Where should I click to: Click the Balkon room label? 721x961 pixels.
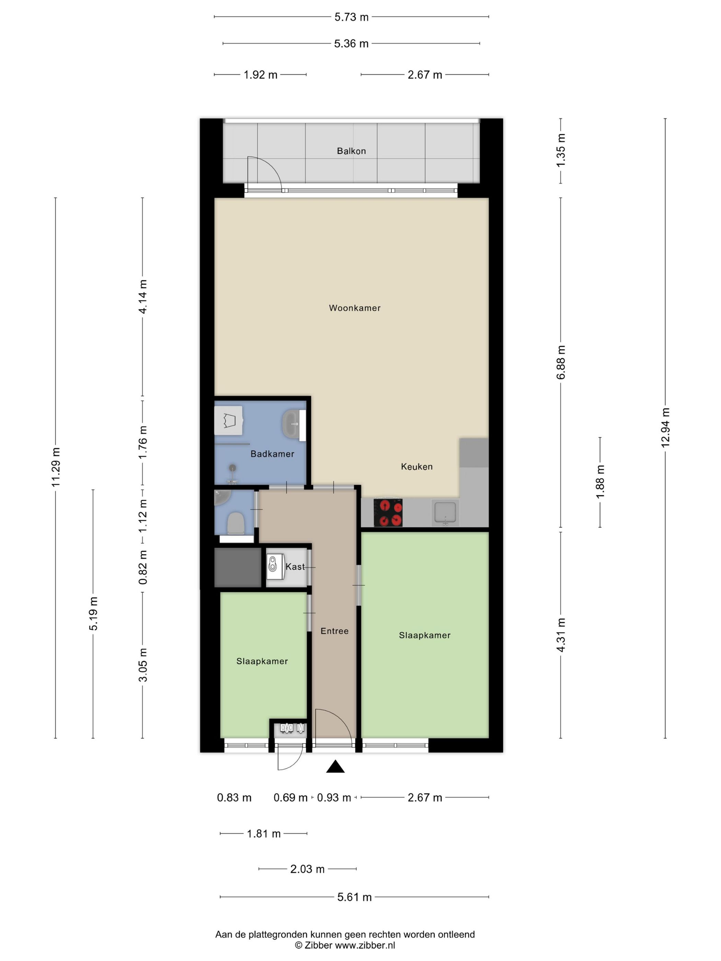pos(351,151)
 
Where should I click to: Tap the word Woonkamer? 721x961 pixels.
pos(355,308)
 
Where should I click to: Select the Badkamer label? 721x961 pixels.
pos(273,454)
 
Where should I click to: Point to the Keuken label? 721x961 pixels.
pos(417,466)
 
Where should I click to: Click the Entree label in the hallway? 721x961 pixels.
pos(335,631)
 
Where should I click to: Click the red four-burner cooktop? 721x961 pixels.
pos(388,513)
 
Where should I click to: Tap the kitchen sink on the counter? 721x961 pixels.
pos(445,513)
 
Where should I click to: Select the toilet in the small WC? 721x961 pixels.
pos(236,523)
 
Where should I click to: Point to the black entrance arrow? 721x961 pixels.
pos(335,767)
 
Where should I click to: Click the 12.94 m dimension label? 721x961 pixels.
pos(665,428)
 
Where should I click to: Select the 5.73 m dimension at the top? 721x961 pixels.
pos(351,17)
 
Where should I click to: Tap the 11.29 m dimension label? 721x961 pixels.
pos(56,467)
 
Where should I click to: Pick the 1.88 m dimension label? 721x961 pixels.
pos(600,482)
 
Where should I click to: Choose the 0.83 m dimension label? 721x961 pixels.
pos(234,798)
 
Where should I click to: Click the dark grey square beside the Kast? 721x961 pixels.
pos(238,567)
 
